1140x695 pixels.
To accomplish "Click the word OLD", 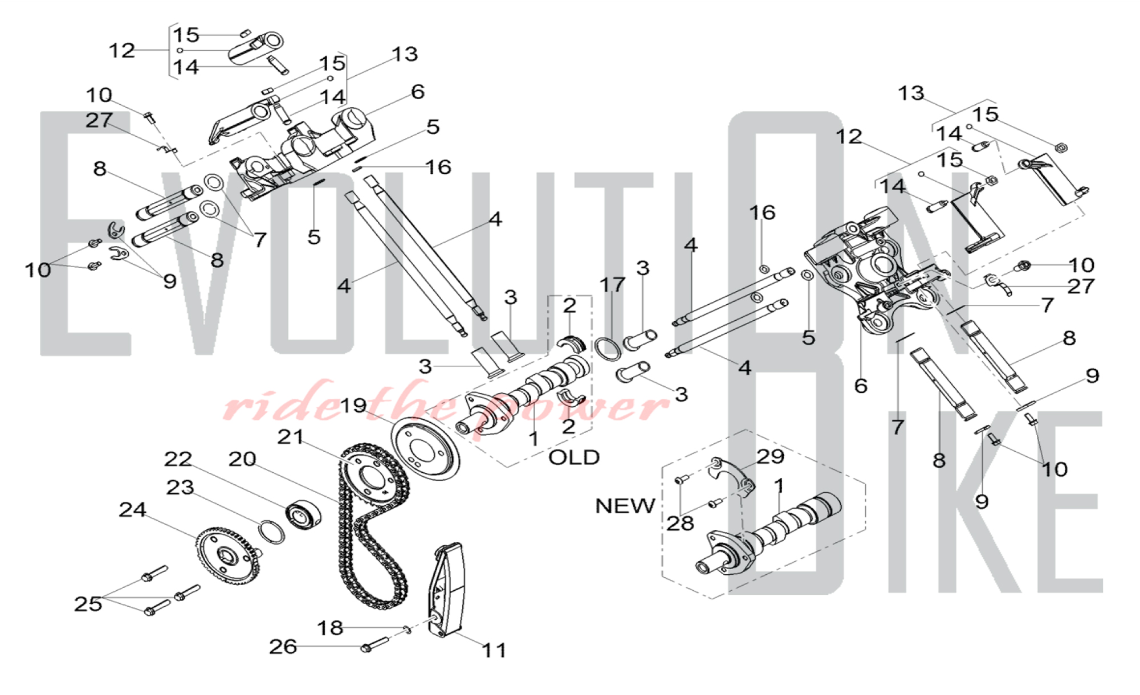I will point(573,457).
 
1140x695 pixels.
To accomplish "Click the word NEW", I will point(625,506).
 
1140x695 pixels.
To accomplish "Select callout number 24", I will point(132,510).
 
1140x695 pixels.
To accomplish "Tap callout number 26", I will point(283,647).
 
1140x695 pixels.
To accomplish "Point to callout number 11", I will point(494,650).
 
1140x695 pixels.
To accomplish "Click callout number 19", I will point(353,406).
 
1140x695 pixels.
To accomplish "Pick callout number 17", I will point(612,284).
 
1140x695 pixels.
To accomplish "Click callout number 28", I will point(680,524).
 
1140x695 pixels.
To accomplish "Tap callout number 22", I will point(178,459).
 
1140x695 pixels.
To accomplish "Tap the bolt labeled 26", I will point(373,645).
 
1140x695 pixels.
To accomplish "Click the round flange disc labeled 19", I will point(424,449).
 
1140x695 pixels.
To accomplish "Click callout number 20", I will point(242,459).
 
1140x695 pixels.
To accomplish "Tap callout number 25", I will point(88,604).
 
